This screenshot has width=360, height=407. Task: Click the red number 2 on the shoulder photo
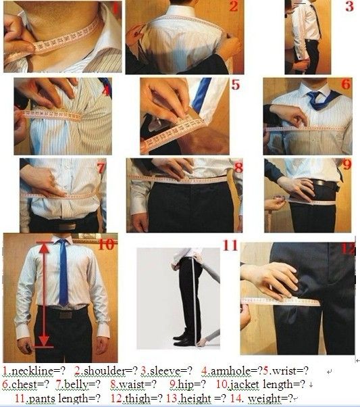coord(234,7)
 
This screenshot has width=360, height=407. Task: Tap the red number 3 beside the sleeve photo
coord(349,6)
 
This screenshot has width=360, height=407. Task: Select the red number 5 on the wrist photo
coord(236,85)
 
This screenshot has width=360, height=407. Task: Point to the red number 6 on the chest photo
coord(346,84)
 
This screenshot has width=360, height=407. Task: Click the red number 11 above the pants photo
coord(230,245)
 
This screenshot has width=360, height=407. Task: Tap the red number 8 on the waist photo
coord(238,168)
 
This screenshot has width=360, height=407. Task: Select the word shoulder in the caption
coord(104,370)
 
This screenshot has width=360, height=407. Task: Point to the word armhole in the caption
coord(230,370)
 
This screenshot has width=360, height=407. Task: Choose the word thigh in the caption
coord(138,398)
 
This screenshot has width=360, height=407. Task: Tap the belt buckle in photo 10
coord(66,315)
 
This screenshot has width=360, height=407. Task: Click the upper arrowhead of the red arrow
coord(45,248)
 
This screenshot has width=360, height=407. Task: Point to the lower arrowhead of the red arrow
coord(44,341)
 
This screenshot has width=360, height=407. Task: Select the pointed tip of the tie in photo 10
coord(63,306)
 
